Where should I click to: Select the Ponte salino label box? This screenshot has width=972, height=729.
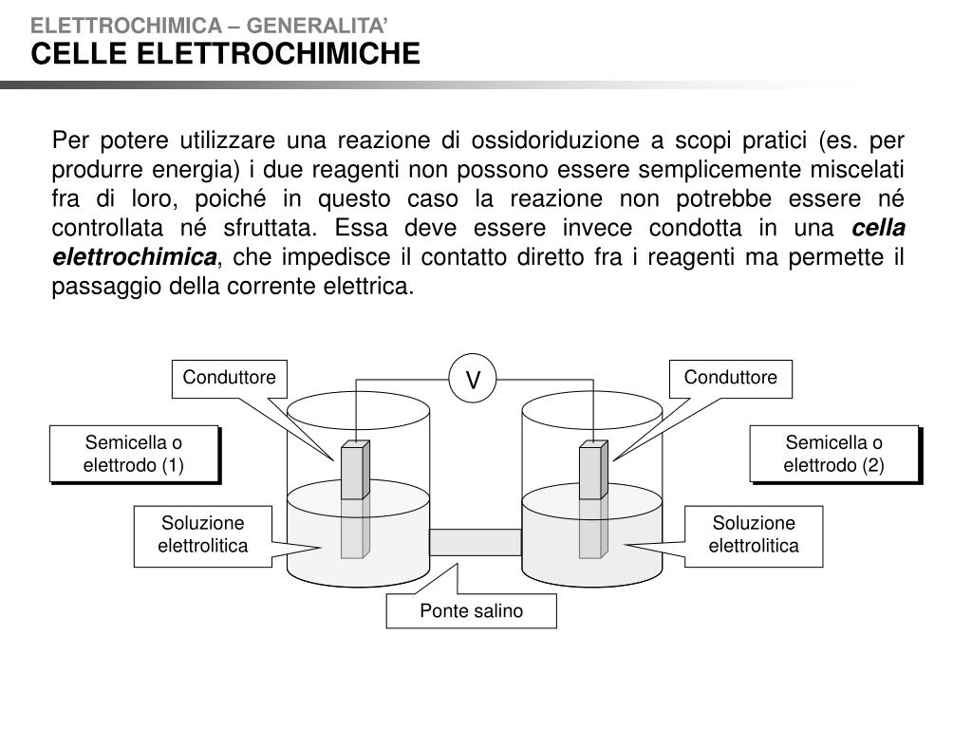pos(471,611)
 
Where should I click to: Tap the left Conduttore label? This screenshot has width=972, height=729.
pos(229,378)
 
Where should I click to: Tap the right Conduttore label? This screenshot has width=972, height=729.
pos(730,378)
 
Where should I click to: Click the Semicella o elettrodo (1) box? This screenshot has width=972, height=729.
pos(134,454)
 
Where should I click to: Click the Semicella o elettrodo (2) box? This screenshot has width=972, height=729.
pos(833,454)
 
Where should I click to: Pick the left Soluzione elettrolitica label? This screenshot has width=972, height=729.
pos(202,534)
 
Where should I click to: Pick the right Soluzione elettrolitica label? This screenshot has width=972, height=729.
pos(754,534)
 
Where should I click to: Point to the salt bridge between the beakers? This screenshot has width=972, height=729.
pos(475,542)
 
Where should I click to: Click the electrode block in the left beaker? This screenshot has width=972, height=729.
pos(354,471)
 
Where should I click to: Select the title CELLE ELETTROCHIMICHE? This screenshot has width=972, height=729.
pos(225,54)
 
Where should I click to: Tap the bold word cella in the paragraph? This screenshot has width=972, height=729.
pos(879,228)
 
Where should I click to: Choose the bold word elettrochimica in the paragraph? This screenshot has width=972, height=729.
pos(134,257)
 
